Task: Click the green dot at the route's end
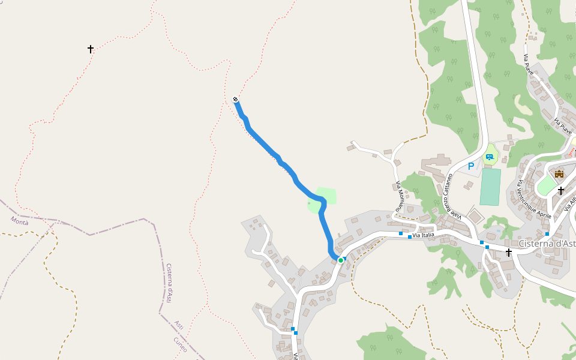point(340,260)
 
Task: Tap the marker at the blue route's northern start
point(235,100)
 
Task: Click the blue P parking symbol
point(471,166)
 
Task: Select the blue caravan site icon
point(490,157)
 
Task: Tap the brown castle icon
point(559,174)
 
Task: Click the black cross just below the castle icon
point(561,191)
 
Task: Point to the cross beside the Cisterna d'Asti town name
point(509,253)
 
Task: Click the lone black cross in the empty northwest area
point(91,49)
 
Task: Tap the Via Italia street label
point(423,235)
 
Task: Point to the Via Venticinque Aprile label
point(534,198)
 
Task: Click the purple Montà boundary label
point(19,221)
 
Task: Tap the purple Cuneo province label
point(180,344)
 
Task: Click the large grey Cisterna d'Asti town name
point(547,243)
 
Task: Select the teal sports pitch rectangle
point(490,187)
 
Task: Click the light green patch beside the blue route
point(325,196)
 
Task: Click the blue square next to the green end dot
point(344,259)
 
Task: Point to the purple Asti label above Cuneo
point(178,325)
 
